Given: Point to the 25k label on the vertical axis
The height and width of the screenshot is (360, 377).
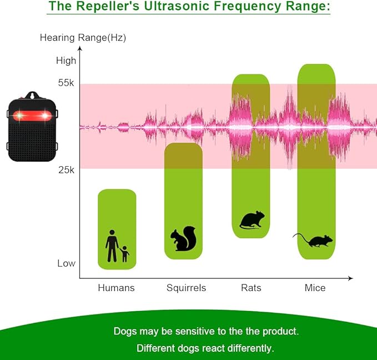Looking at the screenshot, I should click(x=66, y=170).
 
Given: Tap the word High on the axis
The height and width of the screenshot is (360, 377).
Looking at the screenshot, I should click(x=66, y=61).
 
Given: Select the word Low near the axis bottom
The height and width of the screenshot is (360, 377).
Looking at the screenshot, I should click(x=66, y=263).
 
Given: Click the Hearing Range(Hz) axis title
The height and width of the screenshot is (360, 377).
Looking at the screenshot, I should click(x=83, y=38).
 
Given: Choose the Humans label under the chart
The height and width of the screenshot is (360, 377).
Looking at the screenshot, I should click(x=116, y=288).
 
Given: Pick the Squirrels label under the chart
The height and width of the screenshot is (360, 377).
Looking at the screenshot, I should click(x=186, y=288).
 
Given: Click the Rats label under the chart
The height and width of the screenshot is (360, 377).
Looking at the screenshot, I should click(x=251, y=288).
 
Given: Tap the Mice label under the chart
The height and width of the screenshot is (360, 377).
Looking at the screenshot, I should click(x=315, y=288).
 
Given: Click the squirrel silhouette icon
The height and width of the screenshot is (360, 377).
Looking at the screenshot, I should click(x=183, y=238).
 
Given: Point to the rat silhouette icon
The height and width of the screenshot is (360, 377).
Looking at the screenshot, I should click(x=252, y=220).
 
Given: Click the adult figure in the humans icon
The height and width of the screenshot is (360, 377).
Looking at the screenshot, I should click(x=112, y=246).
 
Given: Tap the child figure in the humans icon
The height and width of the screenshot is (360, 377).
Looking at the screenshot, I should click(x=124, y=254).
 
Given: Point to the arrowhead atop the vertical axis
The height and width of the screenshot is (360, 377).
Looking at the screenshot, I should click(x=80, y=48).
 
